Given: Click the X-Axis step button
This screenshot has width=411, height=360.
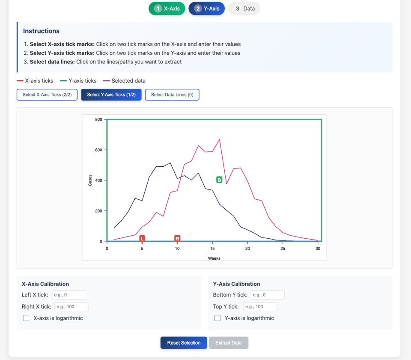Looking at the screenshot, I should pyautogui.click(x=167, y=9).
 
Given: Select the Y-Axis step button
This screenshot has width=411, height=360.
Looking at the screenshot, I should pyautogui.click(x=206, y=9).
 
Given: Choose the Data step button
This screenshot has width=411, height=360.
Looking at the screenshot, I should pyautogui.click(x=244, y=9).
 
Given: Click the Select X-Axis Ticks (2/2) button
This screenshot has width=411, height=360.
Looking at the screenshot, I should pyautogui.click(x=47, y=95).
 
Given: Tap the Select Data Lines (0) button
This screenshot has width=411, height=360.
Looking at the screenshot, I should pyautogui.click(x=172, y=95).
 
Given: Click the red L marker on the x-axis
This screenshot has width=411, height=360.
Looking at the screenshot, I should pyautogui.click(x=142, y=238).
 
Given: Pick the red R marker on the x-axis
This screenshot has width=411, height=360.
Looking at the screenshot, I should pyautogui.click(x=177, y=238).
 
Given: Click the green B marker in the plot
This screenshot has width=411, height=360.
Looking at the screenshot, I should pyautogui.click(x=219, y=180).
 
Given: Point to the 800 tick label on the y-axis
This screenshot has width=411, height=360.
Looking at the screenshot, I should pyautogui.click(x=98, y=120).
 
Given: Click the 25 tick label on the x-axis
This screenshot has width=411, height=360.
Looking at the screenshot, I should pyautogui.click(x=283, y=249).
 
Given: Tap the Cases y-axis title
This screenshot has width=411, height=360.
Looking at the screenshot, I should pyautogui.click(x=90, y=180).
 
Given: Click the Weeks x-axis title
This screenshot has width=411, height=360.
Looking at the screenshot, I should pyautogui.click(x=214, y=258).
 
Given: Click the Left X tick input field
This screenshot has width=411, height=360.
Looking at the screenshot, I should pyautogui.click(x=69, y=295).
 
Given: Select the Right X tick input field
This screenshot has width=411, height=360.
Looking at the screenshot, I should pyautogui.click(x=71, y=306).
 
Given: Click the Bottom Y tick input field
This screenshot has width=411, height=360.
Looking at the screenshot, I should pyautogui.click(x=268, y=295).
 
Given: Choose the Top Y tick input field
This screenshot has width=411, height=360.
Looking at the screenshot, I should pyautogui.click(x=260, y=306).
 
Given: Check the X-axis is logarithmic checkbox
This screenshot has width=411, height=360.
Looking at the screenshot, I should pyautogui.click(x=26, y=318).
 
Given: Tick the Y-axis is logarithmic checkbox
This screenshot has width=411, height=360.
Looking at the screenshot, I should pyautogui.click(x=217, y=318).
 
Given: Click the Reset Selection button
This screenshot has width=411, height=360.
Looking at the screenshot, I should pyautogui.click(x=184, y=343).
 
